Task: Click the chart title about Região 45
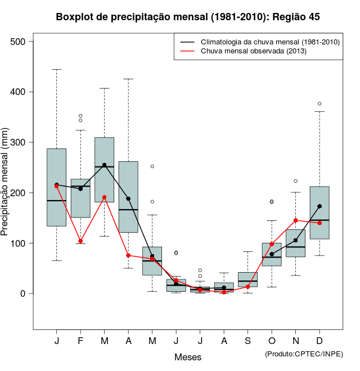188,17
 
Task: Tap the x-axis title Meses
188,357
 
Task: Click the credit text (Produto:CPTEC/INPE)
304,354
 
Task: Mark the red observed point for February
80,241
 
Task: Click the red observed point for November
296,220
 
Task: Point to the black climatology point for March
104,165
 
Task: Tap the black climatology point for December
319,206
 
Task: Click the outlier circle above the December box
319,103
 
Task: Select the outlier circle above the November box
296,181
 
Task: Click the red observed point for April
128,255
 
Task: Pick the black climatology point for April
128,198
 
